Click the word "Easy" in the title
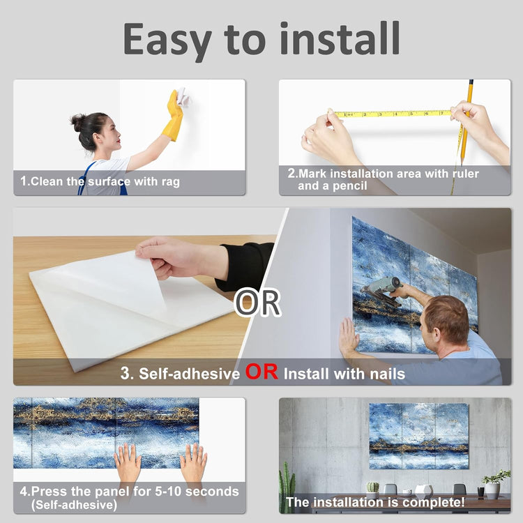pyautogui.click(x=167, y=40)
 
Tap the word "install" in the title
pyautogui.click(x=340, y=38)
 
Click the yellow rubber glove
pyautogui.click(x=173, y=115)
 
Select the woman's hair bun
pyautogui.click(x=77, y=123)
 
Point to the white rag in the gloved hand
pyautogui.click(x=183, y=96)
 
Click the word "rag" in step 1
pyautogui.click(x=171, y=182)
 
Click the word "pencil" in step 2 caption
pyautogui.click(x=350, y=186)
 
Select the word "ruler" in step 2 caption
pyautogui.click(x=466, y=174)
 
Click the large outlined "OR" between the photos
pyautogui.click(x=257, y=303)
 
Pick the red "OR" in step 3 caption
pyautogui.click(x=261, y=372)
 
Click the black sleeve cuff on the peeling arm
pyautogui.click(x=245, y=266)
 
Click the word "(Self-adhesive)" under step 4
pyautogui.click(x=74, y=505)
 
